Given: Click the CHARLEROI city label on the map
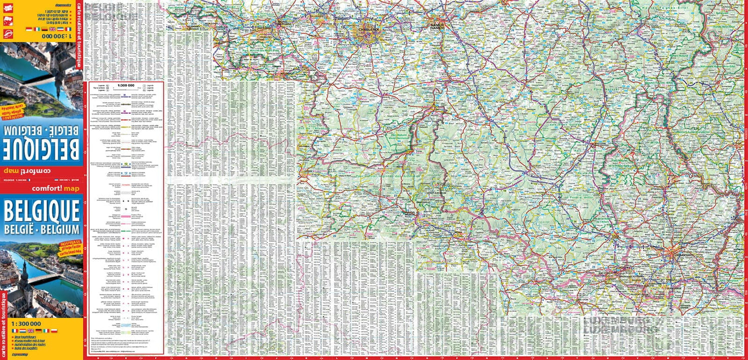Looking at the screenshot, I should tap(368, 29).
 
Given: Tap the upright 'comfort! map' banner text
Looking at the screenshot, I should tap(55, 189).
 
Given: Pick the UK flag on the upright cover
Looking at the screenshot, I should tap(30, 330).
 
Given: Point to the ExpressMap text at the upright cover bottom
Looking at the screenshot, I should tap(20, 355).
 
